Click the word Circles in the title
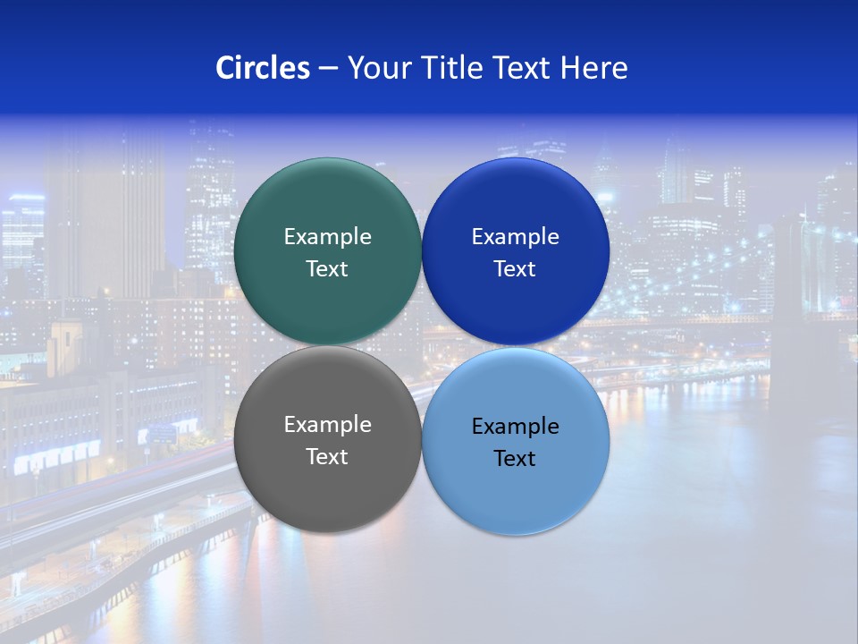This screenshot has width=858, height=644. [x=262, y=68]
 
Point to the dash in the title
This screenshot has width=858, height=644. [x=328, y=69]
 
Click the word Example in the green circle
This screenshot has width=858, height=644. [x=327, y=237]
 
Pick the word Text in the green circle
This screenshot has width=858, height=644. [x=327, y=269]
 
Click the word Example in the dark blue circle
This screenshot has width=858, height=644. [x=516, y=237]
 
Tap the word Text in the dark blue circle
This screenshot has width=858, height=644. [x=516, y=269]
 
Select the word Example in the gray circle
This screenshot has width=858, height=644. [x=327, y=425]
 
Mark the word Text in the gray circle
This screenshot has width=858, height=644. [x=327, y=457]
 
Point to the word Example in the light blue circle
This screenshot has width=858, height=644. [x=516, y=427]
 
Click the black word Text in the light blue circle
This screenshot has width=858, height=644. [x=516, y=459]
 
